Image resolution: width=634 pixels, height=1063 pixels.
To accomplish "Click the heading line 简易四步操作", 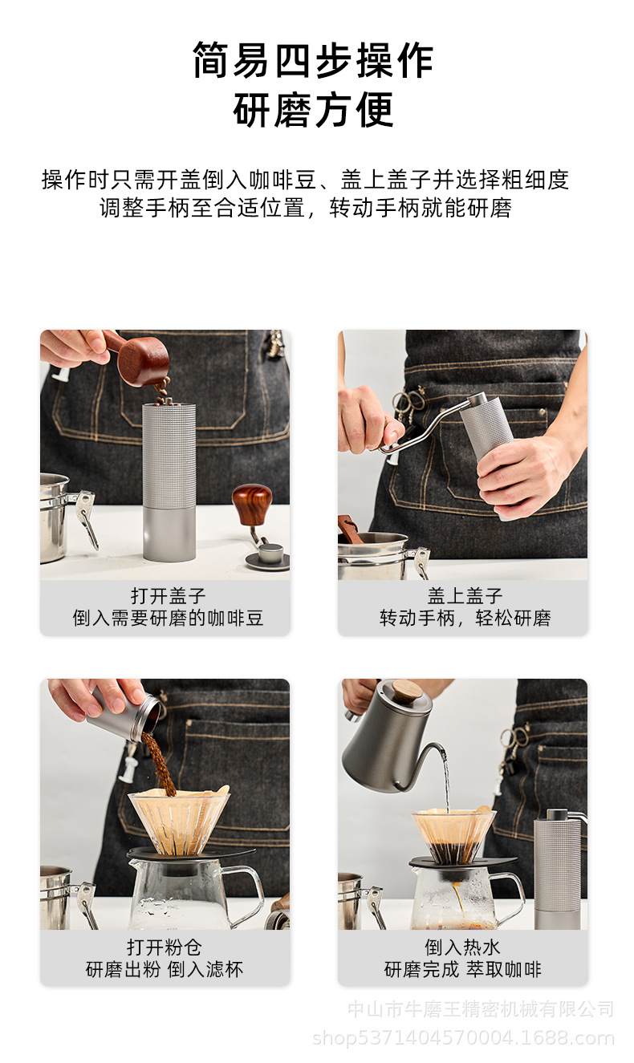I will point(313,60).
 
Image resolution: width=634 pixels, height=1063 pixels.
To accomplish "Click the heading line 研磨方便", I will point(313,110).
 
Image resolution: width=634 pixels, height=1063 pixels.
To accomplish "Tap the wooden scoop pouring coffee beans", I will point(142,360).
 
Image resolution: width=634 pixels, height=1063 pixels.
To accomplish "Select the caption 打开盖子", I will point(168,596).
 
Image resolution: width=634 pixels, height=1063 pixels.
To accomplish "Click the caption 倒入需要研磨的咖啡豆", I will point(168,619).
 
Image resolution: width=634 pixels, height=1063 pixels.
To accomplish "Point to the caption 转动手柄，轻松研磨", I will point(465,619).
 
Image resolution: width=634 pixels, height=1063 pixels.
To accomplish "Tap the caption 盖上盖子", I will point(465,596).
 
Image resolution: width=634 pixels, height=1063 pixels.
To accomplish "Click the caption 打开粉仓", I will point(168,947).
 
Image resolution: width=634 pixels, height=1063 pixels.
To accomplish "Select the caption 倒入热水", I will point(463,947).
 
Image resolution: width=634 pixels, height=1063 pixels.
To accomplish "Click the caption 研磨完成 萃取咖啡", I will point(463,969).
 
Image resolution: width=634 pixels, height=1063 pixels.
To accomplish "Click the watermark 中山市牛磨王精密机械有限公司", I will point(481,1009).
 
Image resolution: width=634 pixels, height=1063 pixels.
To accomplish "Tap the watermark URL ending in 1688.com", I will point(463,1038).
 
